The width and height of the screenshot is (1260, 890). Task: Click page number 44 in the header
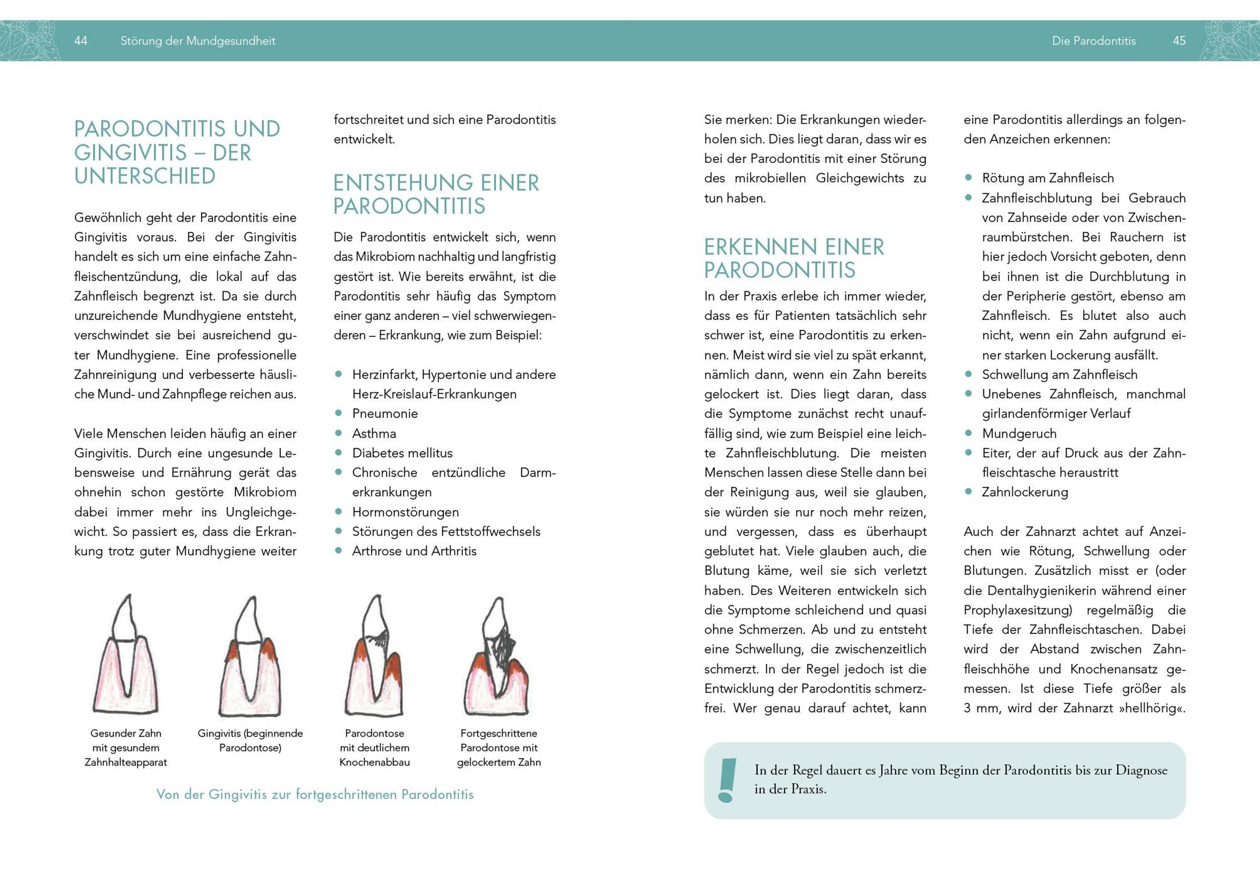[x=81, y=40]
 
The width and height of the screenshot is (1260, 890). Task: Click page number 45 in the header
[x=1179, y=40]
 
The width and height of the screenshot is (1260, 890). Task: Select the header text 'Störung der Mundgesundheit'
[x=197, y=40]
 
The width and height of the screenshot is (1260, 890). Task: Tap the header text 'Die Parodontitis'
[x=1094, y=40]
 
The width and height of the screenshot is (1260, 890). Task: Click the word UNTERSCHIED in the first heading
[x=145, y=176]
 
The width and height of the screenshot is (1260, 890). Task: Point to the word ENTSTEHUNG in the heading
[x=403, y=183]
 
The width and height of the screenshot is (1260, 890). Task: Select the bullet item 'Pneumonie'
[x=385, y=413]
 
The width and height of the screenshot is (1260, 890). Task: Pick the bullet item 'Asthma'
[x=374, y=433]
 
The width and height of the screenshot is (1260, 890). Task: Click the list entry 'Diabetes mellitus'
[x=402, y=453]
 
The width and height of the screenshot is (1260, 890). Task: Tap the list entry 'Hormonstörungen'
[x=405, y=512]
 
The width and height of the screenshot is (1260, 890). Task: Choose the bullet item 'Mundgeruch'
[x=1019, y=433]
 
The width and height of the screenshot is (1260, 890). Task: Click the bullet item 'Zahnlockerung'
[x=1025, y=492]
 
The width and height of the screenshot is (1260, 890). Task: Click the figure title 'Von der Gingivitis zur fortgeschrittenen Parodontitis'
[x=315, y=794]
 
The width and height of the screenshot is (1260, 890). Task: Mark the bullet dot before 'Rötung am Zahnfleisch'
[x=969, y=178]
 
